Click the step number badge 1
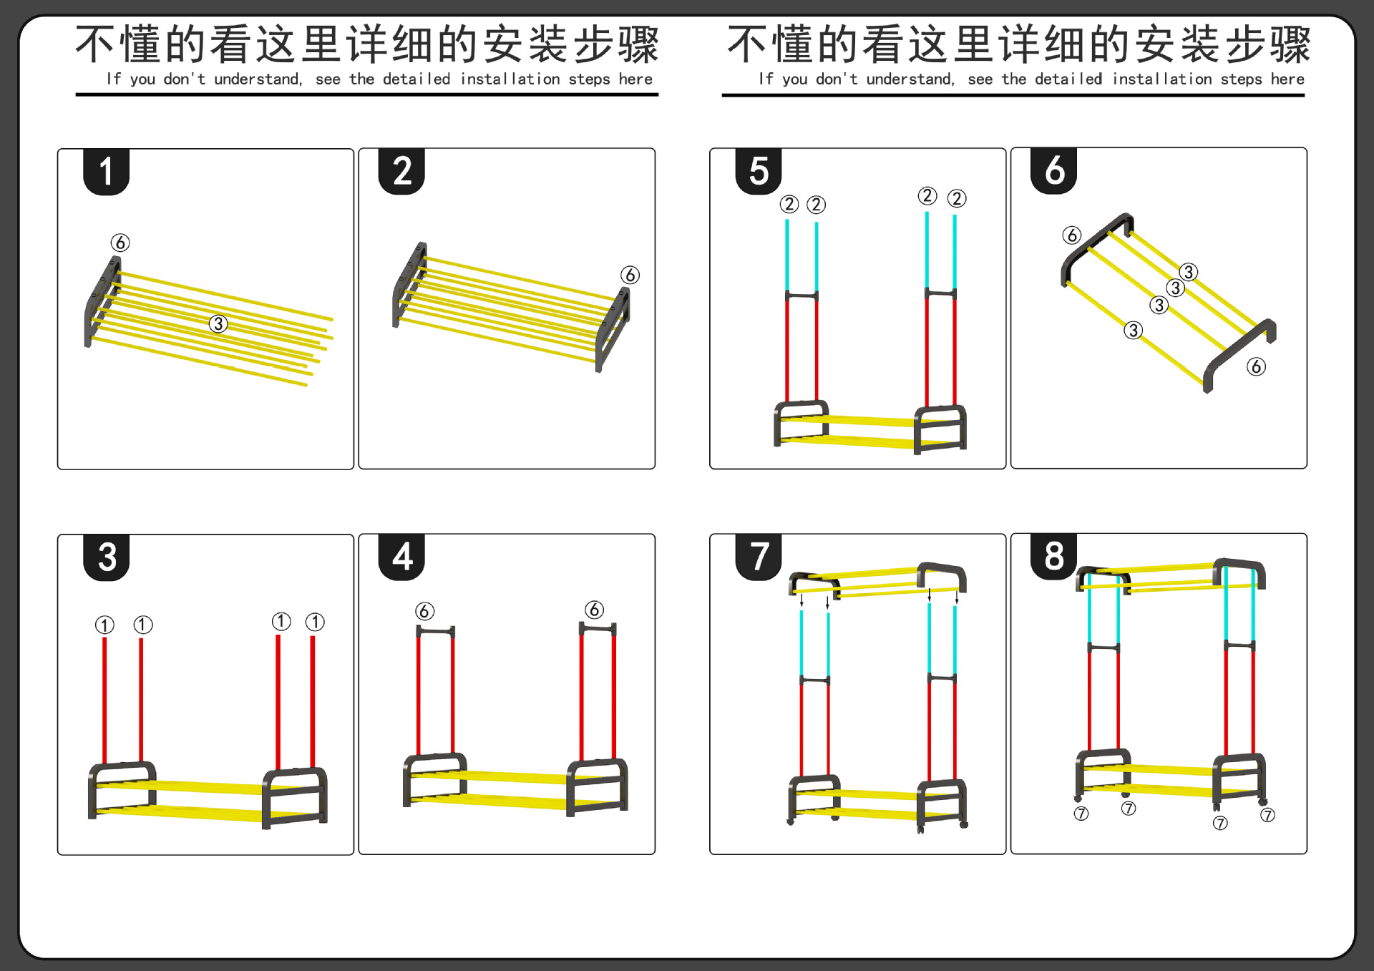(106, 172)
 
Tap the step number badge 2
(401, 172)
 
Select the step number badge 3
(106, 557)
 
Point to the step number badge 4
(401, 557)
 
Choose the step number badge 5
(759, 171)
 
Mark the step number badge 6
(1054, 170)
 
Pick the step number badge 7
(759, 556)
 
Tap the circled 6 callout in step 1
(120, 243)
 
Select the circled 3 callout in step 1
(218, 323)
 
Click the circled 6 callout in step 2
(630, 275)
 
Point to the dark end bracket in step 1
(102, 301)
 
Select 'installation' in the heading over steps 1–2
(510, 79)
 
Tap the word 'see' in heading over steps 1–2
(328, 79)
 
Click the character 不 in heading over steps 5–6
(748, 44)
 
